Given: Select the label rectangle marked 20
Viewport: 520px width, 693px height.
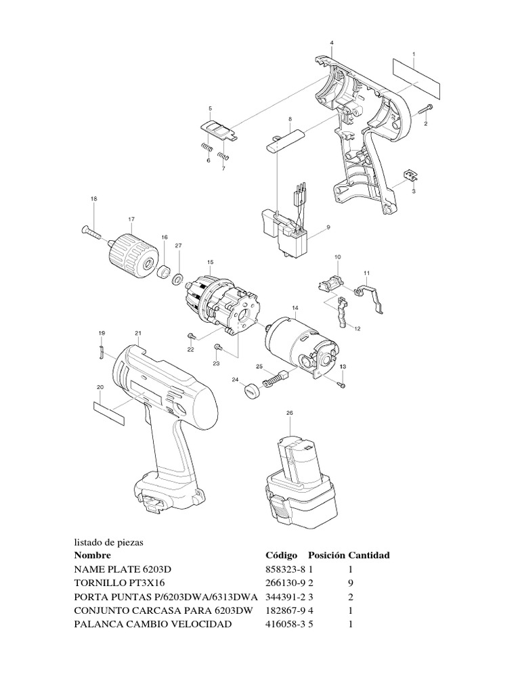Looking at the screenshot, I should click(x=108, y=411).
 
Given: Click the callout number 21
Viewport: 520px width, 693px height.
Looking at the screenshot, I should click(x=138, y=333).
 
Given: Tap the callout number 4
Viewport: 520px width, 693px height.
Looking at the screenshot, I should click(x=332, y=43).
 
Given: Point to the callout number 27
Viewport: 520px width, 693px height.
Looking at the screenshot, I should click(x=179, y=245).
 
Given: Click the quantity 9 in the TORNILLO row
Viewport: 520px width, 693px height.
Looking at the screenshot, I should click(x=350, y=583).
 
